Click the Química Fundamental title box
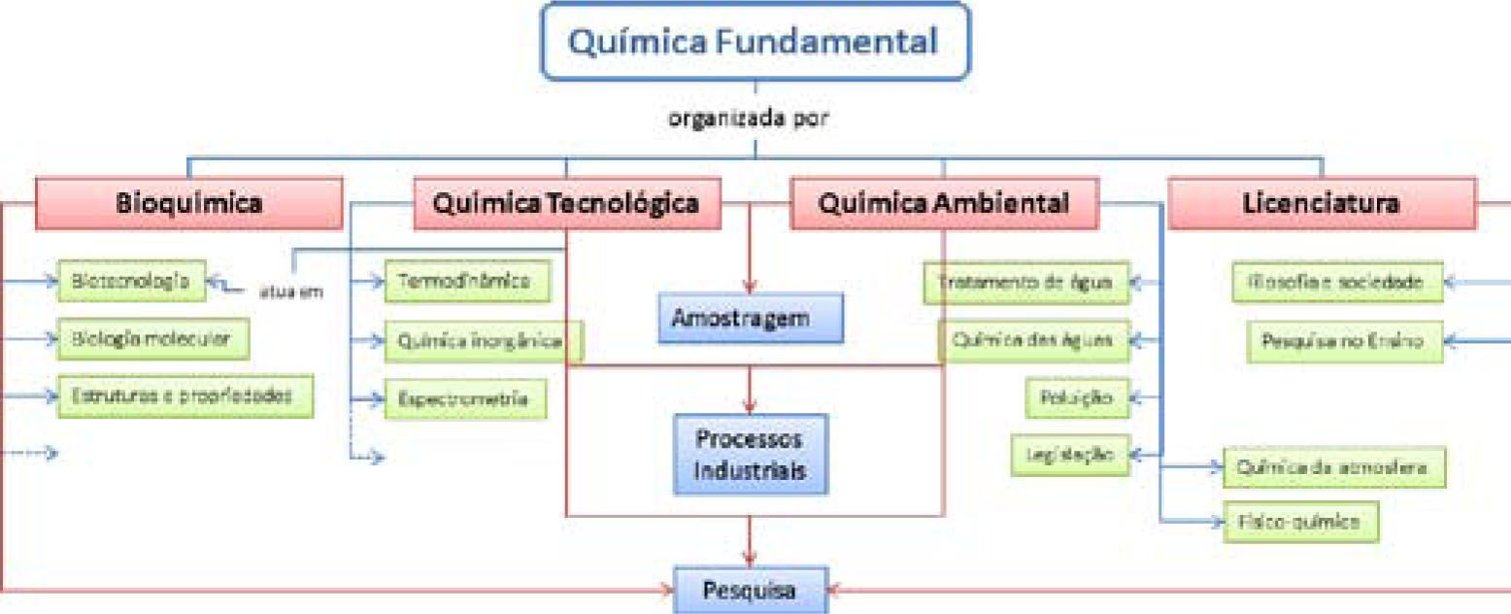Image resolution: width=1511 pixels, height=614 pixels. click(755, 41)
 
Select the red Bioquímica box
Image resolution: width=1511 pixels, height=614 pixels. click(189, 203)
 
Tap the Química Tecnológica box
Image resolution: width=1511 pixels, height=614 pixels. click(567, 203)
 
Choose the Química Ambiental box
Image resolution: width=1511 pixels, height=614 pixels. click(944, 203)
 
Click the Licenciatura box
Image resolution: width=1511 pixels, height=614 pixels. click(1321, 203)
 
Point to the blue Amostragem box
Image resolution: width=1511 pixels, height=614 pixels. click(748, 319)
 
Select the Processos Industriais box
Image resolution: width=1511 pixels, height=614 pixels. click(749, 454)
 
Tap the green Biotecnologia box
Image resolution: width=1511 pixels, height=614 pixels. click(131, 282)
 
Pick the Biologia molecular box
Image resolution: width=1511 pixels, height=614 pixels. click(152, 339)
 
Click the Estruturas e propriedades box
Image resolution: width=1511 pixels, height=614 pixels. click(185, 396)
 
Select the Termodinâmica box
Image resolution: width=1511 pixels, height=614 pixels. click(467, 282)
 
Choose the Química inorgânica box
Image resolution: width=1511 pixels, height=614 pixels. click(483, 341)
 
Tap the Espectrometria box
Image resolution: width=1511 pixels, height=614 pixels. click(465, 398)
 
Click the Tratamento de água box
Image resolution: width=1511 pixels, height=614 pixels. click(1026, 283)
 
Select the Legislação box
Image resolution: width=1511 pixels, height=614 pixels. click(1070, 454)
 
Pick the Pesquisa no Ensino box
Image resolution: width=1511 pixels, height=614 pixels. click(1345, 341)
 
